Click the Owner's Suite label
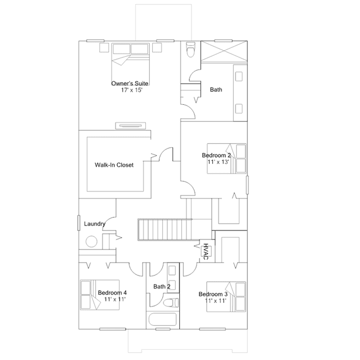(130, 83)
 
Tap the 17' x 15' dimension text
(132, 90)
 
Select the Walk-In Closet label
(114, 165)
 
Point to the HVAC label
(206, 252)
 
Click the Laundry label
(95, 224)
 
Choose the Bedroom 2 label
(216, 155)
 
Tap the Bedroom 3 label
(213, 294)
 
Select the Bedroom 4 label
(112, 293)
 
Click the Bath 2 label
(162, 287)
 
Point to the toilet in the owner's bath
(191, 49)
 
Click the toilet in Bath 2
(171, 302)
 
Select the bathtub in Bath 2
(163, 319)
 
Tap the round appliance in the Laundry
(91, 242)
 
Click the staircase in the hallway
(165, 230)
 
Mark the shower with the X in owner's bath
(224, 51)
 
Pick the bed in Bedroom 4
(100, 295)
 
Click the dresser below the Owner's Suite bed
(130, 126)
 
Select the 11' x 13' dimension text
(219, 162)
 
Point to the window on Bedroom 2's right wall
(247, 185)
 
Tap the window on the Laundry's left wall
(79, 223)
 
